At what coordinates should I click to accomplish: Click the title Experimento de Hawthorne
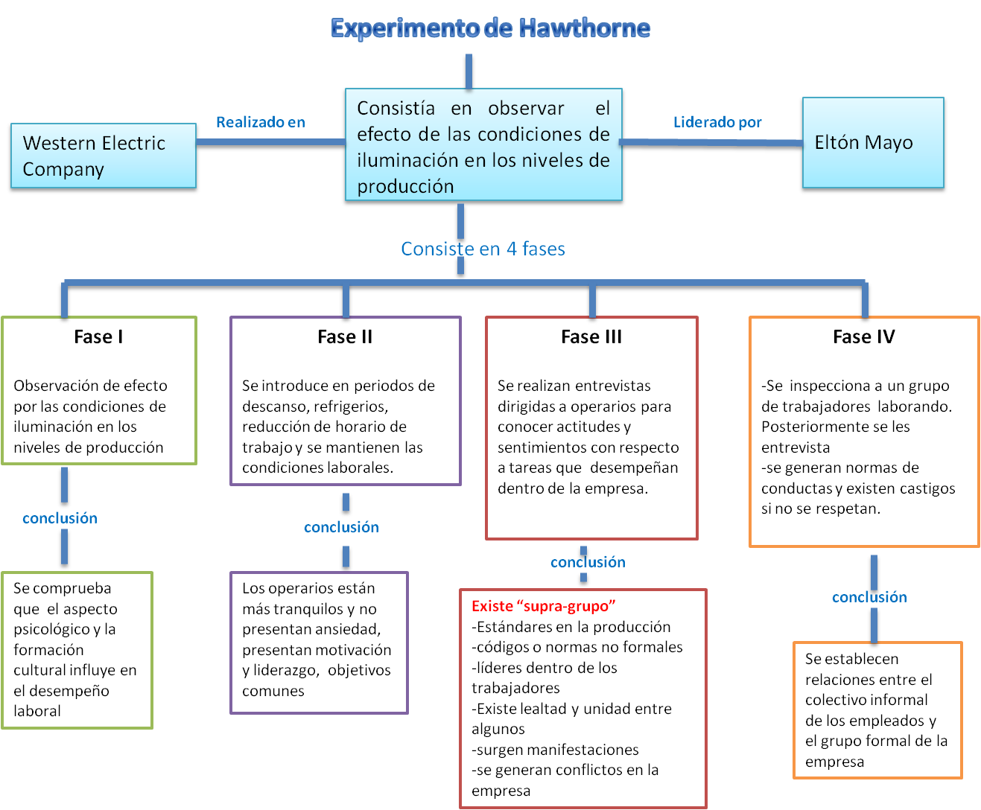(490, 28)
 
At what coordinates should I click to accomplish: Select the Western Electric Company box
(103, 156)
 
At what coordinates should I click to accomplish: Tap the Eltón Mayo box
(872, 142)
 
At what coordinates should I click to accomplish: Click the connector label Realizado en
(261, 122)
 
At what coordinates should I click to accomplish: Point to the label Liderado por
(717, 122)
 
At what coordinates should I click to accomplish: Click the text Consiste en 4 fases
(483, 249)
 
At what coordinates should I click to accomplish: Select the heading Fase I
(98, 337)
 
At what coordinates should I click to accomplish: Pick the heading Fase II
(345, 337)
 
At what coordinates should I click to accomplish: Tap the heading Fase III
(591, 337)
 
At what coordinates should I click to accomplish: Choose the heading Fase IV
(864, 337)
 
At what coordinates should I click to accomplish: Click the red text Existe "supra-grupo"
(544, 606)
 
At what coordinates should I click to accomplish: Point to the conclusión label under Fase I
(60, 518)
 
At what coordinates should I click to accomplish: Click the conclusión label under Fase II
(341, 527)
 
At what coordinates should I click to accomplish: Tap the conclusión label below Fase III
(588, 562)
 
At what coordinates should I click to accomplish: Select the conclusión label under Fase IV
(869, 597)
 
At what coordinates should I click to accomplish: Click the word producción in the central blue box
(405, 186)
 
